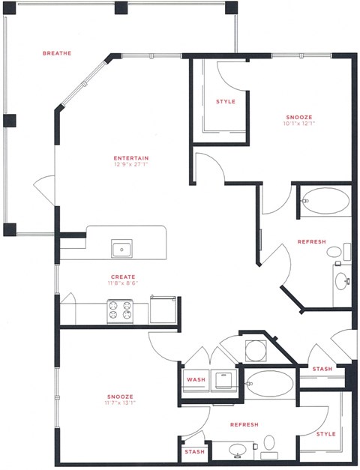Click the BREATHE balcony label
click(57, 53)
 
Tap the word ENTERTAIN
click(130, 157)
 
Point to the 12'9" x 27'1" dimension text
click(130, 166)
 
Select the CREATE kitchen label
click(123, 277)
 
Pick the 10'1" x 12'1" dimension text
click(298, 124)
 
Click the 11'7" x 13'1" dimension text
click(119, 404)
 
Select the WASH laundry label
click(195, 380)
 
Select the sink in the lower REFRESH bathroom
click(238, 451)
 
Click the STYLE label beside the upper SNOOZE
click(225, 102)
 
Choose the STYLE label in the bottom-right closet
click(326, 433)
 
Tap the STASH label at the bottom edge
click(193, 453)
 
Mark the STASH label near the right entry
click(322, 369)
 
